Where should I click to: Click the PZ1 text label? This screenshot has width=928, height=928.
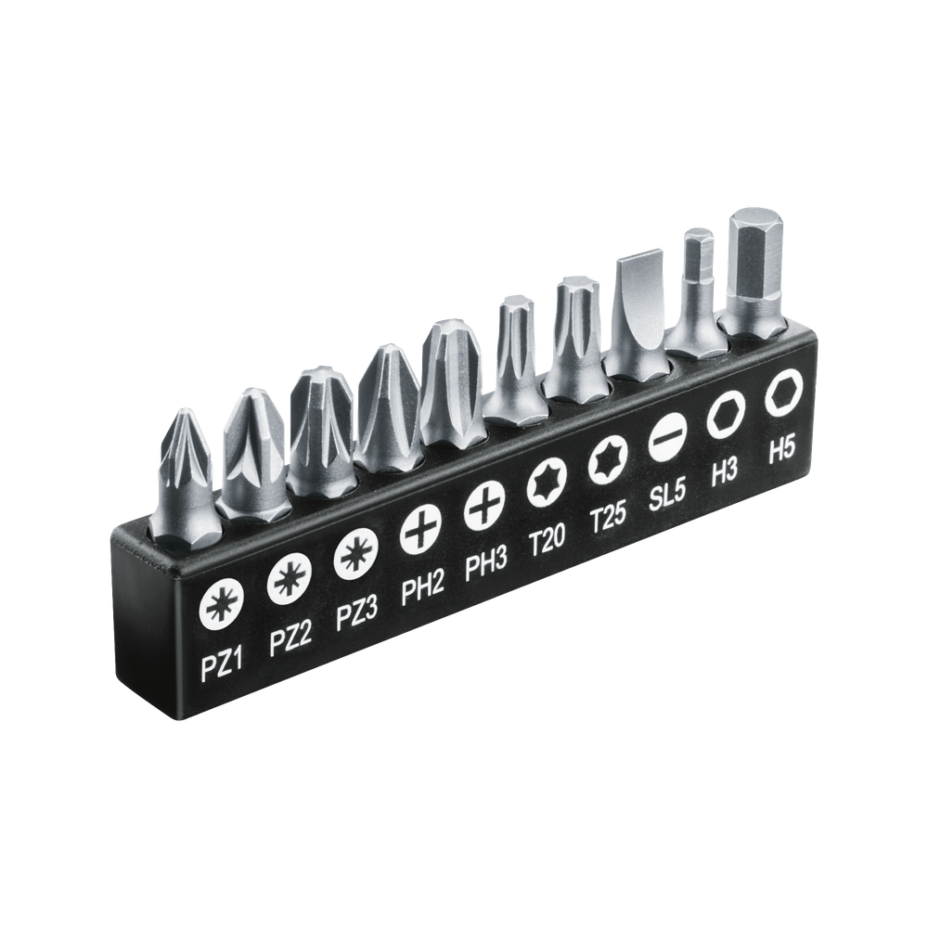point(223,667)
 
